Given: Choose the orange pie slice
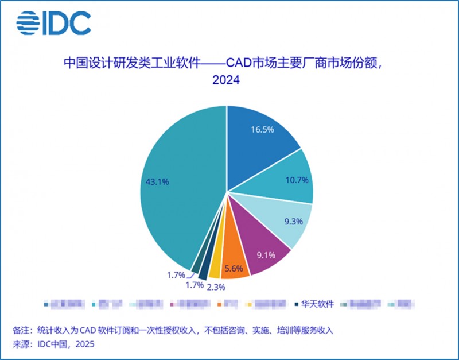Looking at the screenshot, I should [235, 265].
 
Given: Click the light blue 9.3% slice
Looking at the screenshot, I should [287, 221].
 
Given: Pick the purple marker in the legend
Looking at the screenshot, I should [174, 304].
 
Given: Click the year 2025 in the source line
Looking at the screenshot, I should [83, 344].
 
